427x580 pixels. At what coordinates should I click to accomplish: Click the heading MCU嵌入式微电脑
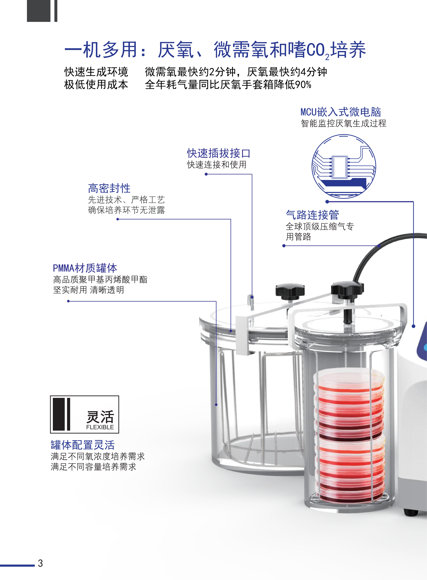[341, 112]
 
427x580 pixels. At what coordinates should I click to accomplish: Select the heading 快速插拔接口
[219, 153]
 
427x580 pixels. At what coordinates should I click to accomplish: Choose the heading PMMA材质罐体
[85, 268]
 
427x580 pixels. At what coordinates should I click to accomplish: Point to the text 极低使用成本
[96, 85]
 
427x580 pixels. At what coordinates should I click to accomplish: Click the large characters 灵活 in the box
[100, 417]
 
